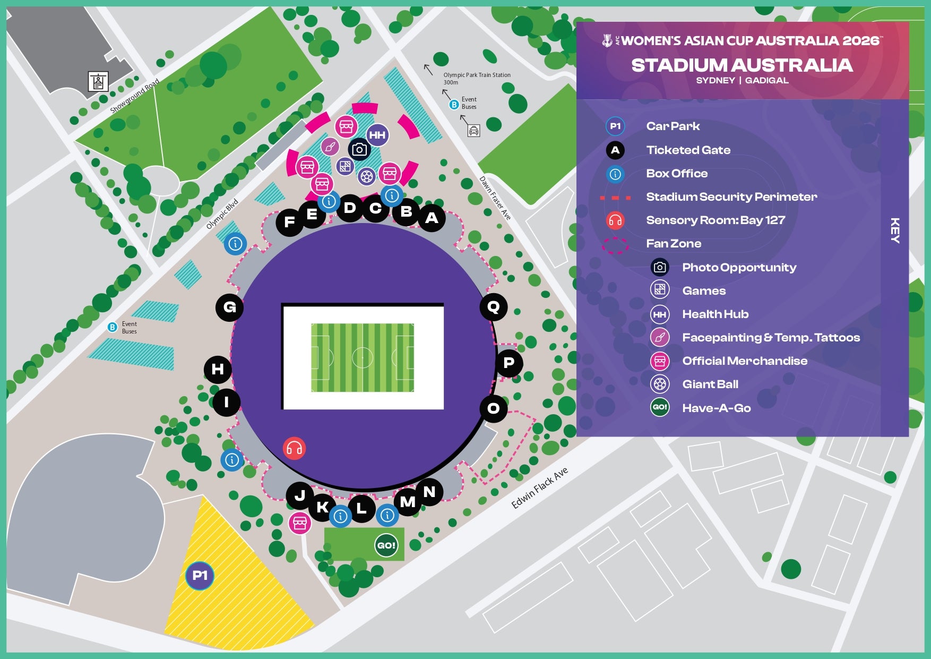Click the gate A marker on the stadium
pyautogui.click(x=432, y=218)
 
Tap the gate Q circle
pyautogui.click(x=493, y=307)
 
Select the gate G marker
pyautogui.click(x=229, y=307)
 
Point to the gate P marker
pyautogui.click(x=508, y=363)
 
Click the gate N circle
pyautogui.click(x=429, y=492)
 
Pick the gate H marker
pyautogui.click(x=218, y=369)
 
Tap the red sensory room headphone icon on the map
pyautogui.click(x=294, y=448)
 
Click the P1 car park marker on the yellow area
pyautogui.click(x=200, y=576)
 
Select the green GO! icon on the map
pyautogui.click(x=386, y=545)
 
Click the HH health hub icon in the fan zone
pyautogui.click(x=377, y=135)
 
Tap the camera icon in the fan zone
pyautogui.click(x=359, y=150)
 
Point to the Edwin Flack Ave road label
pyautogui.click(x=539, y=488)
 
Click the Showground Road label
pyautogui.click(x=134, y=96)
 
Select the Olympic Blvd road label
pyautogui.click(x=222, y=214)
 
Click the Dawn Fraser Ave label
pyautogui.click(x=495, y=198)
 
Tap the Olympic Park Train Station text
pyautogui.click(x=477, y=75)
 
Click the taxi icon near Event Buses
pyautogui.click(x=473, y=130)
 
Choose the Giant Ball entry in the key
pyautogui.click(x=710, y=384)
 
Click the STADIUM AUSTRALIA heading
pyautogui.click(x=742, y=65)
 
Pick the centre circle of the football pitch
pyautogui.click(x=363, y=357)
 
